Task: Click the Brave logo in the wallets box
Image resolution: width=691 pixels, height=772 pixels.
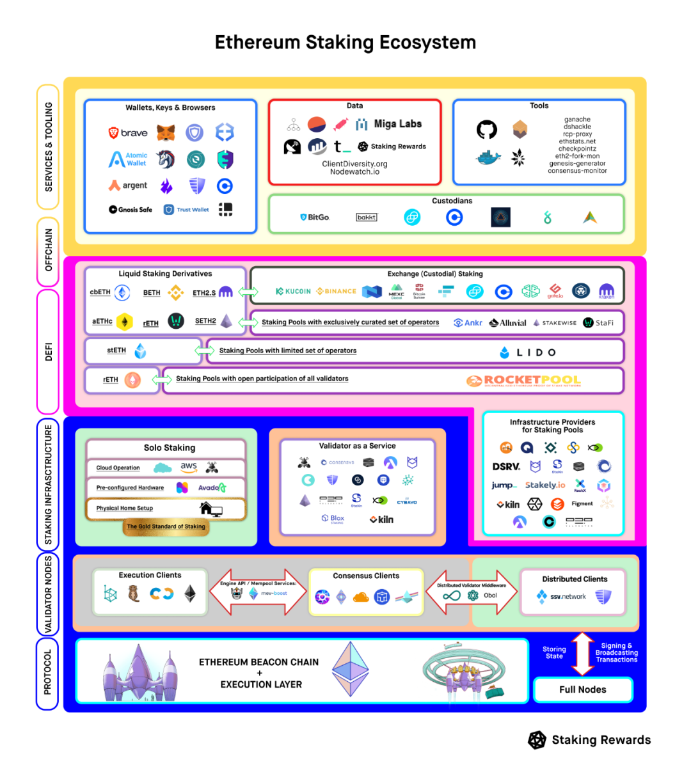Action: tap(128, 133)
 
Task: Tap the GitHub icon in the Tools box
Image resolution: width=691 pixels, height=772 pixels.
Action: tap(487, 130)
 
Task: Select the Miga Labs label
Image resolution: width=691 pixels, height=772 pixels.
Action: tap(397, 124)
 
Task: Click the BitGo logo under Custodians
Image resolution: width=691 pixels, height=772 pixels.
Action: tap(315, 217)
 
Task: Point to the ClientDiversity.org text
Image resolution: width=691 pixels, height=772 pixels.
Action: tap(354, 164)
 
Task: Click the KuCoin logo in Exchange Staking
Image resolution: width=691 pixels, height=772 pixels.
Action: tap(293, 292)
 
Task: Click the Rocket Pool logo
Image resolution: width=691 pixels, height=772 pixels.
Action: tap(524, 381)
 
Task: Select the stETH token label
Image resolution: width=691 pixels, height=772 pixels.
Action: tap(116, 351)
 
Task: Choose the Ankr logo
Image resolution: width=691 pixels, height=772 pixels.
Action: tap(468, 323)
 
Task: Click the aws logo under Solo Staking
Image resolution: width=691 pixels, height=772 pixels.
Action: tap(189, 467)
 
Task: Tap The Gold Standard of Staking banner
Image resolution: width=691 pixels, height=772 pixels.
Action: tap(166, 526)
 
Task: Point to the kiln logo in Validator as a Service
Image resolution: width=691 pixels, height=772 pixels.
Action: tap(381, 519)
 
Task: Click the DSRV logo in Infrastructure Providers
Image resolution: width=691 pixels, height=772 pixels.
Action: tap(506, 467)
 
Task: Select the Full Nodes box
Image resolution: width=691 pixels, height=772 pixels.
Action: tap(582, 689)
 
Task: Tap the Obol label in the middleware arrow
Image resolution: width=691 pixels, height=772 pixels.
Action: tap(490, 595)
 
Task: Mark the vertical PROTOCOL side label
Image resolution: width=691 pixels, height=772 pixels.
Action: tap(47, 673)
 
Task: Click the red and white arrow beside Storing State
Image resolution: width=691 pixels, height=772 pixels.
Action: tap(582, 654)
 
